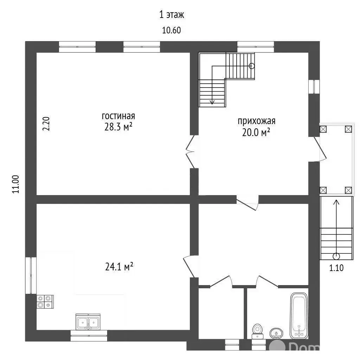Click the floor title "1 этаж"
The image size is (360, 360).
172,15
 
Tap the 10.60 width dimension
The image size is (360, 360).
172,30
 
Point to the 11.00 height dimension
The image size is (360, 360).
15,184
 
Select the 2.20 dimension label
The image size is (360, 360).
46,124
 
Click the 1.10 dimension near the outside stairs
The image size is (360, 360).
336,268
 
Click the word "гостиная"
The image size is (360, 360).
118,116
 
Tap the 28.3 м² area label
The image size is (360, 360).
118,127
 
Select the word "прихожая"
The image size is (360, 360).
256,121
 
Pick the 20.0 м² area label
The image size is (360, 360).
256,132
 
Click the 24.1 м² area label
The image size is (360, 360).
119,267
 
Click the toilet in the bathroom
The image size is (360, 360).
257,331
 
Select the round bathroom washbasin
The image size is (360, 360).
276,333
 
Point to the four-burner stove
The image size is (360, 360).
45,301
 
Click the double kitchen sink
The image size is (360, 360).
88,322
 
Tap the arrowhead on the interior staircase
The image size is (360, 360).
212,102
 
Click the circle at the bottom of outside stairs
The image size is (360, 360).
336,256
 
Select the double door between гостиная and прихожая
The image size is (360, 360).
191,152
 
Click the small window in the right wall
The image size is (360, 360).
314,86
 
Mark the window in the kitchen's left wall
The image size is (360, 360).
31,275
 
